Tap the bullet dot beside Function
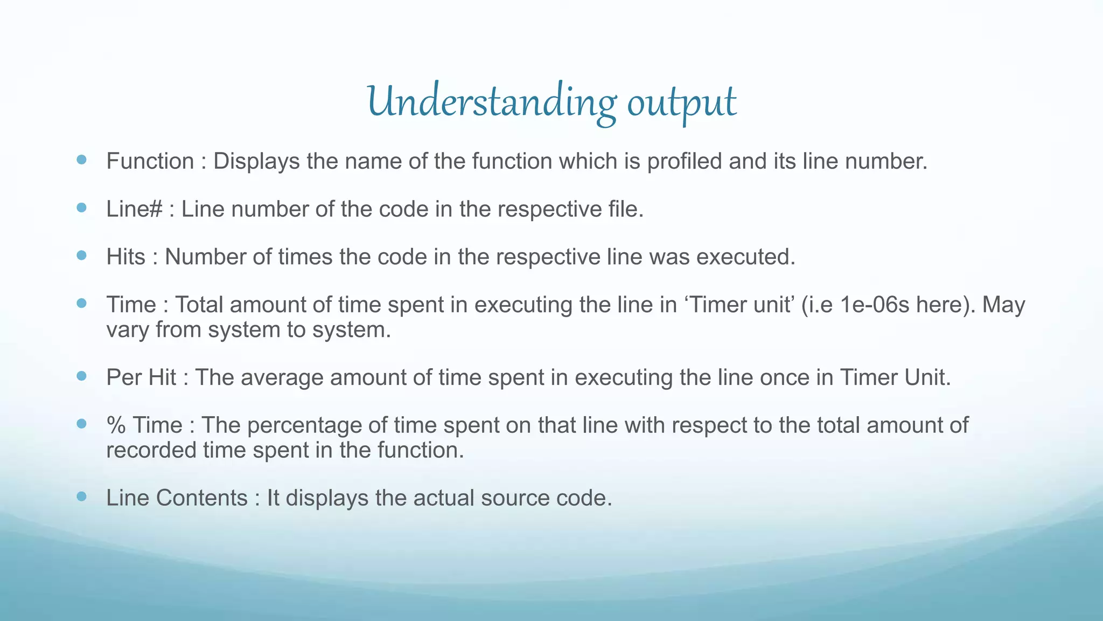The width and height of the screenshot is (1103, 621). tap(81, 160)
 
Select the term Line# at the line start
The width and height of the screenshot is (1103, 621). tap(134, 209)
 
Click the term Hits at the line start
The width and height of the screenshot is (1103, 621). tap(125, 257)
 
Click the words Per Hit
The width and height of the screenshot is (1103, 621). tap(141, 377)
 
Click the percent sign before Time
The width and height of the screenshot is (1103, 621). tap(116, 425)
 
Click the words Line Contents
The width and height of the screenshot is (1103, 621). tap(177, 498)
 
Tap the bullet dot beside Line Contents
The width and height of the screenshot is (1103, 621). tap(81, 496)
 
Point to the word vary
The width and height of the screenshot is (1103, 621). tap(128, 330)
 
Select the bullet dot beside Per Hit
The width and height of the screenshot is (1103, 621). tap(81, 376)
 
